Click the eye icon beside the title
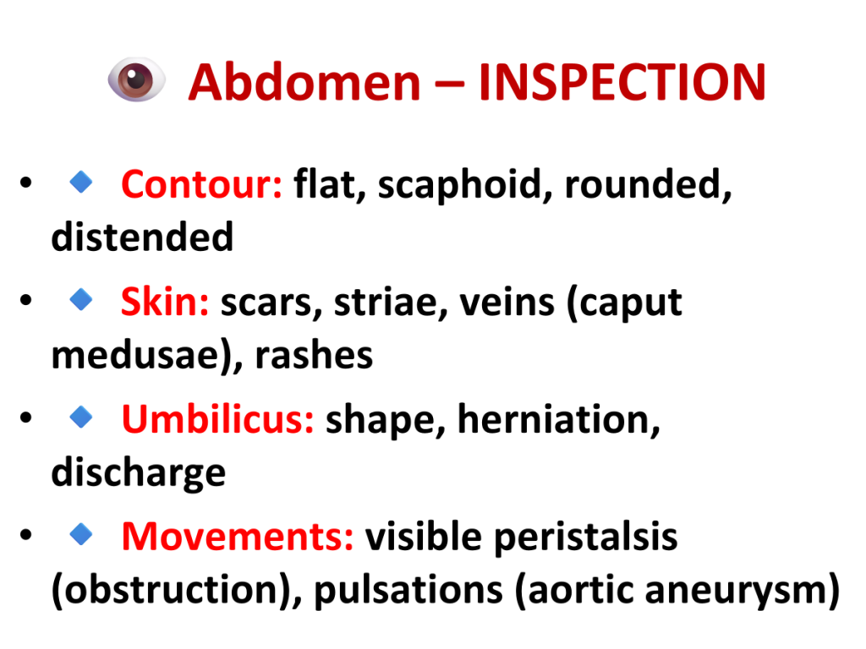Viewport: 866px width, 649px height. [136, 79]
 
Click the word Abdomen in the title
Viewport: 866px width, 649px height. [304, 82]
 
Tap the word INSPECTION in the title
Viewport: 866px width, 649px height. [622, 82]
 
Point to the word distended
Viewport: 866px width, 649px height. [142, 237]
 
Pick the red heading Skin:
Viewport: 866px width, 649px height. [165, 302]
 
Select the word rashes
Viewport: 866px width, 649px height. [314, 355]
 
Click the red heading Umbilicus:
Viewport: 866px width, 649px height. [217, 419]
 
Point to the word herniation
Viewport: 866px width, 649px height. [558, 419]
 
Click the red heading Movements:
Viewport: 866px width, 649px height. [238, 537]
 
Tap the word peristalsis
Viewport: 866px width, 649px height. [585, 537]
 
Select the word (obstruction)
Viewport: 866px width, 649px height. [177, 590]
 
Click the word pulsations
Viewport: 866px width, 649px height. [408, 590]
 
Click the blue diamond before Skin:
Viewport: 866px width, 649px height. [81, 299]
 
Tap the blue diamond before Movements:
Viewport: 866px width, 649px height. [81, 534]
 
